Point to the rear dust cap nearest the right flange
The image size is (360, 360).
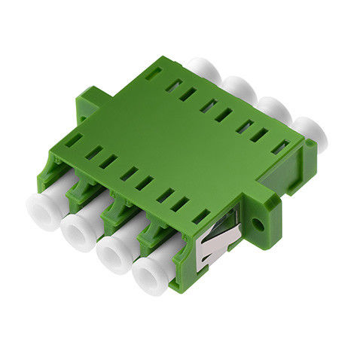coord(308,131)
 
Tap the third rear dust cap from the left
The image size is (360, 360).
coord(273,108)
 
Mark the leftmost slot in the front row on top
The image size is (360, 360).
coord(72,140)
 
